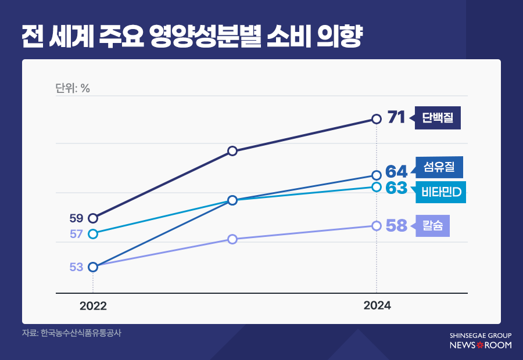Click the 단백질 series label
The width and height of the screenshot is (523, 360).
(438, 118)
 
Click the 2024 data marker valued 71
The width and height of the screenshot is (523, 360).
(377, 119)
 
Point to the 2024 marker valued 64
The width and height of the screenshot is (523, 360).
(377, 175)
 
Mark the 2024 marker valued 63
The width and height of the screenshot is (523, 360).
(377, 187)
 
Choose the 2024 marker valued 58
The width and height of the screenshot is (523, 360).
(377, 226)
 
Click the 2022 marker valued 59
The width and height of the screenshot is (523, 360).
(93, 218)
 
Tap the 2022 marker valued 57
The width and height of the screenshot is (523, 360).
(93, 234)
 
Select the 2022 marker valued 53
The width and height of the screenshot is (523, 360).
(93, 267)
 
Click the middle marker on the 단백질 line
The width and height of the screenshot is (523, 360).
(232, 151)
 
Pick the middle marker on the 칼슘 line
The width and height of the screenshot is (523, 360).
(232, 239)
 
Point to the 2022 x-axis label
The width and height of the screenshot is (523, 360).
(93, 306)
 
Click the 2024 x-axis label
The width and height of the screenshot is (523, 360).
(377, 306)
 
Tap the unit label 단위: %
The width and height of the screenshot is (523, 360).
(73, 88)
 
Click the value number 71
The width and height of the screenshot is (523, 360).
(396, 118)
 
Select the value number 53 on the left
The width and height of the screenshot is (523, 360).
(76, 267)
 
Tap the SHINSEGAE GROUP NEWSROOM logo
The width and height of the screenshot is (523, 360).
(481, 341)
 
